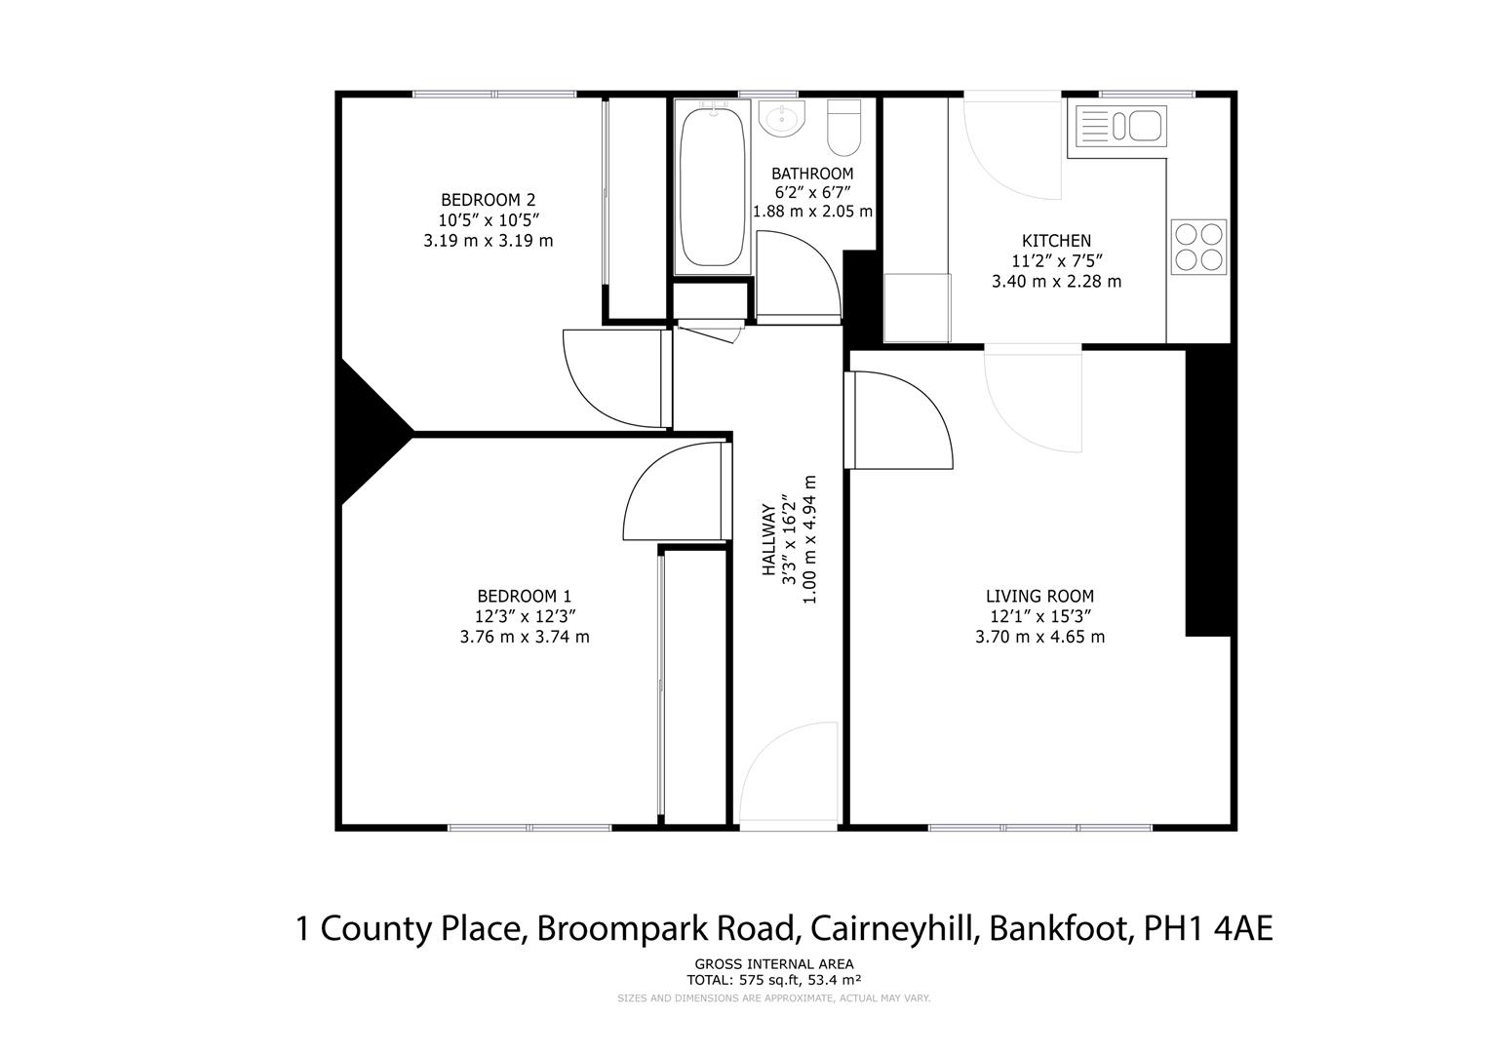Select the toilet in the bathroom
point(843,127)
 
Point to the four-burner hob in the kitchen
point(1198,247)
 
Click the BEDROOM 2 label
point(488,200)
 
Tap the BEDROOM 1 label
point(524,596)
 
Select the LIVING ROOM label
point(1039,596)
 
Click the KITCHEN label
point(1056,241)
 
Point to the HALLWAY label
point(768,542)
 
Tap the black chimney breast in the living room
point(1209,492)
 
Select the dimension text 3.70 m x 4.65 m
point(1039,638)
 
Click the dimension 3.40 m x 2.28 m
point(1056,282)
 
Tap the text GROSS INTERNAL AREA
point(773,965)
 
